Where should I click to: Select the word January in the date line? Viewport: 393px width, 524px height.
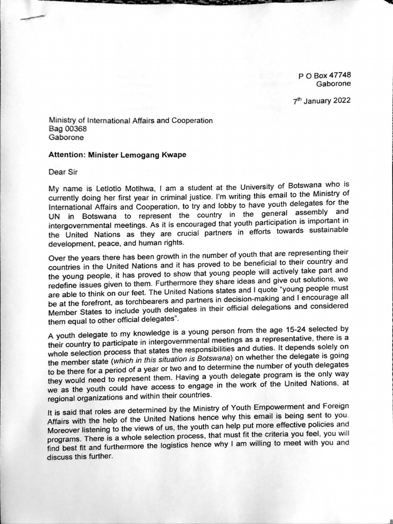(x=317, y=101)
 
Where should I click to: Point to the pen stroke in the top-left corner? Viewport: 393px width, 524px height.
(x=31, y=17)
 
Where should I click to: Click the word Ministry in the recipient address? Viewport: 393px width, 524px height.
(x=63, y=121)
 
